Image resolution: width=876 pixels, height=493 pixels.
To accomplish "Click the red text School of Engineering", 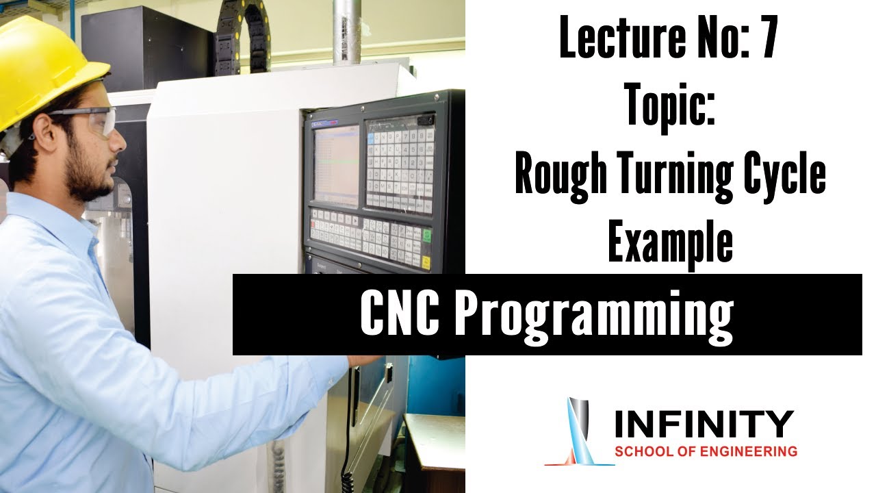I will pos(706,452).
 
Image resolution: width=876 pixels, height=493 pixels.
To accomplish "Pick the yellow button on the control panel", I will pos(426,262).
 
